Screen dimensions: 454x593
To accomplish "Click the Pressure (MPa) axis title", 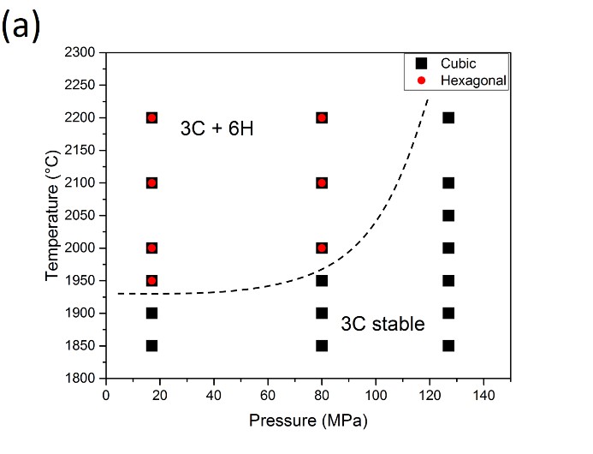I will [299, 421].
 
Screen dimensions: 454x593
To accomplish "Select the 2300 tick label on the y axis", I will [81, 53].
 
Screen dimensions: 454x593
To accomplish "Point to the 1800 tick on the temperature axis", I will [81, 379].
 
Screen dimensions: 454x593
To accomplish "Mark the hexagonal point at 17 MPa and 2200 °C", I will [151, 117].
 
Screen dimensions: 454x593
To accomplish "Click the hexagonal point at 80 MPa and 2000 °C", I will [322, 248].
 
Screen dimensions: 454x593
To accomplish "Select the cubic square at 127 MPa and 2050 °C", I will [448, 215].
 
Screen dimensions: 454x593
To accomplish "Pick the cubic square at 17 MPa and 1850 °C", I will [151, 346].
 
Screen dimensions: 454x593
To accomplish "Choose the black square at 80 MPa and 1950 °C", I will [322, 280].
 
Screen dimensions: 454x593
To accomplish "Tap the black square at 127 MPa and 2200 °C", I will [448, 117].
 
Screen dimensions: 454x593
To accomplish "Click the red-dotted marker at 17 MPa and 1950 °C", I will [151, 280].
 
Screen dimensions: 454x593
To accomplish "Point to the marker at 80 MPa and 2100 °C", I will [322, 182].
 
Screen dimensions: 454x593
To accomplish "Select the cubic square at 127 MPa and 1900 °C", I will [448, 313].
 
